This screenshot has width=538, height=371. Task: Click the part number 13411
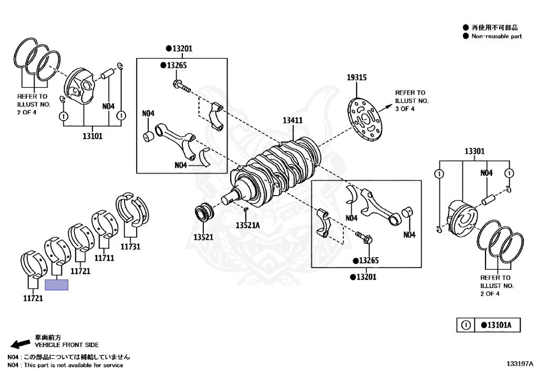[x=293, y=120]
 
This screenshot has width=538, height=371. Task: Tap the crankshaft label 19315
[x=356, y=78]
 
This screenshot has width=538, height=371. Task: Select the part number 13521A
[x=247, y=225]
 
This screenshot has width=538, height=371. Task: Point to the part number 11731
[x=131, y=246]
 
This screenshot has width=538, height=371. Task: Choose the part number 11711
[x=105, y=258]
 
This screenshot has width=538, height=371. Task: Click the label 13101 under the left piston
[x=92, y=136]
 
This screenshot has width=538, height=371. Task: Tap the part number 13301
[x=474, y=151]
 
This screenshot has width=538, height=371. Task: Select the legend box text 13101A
[x=495, y=325]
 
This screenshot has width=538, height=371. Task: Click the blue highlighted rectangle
[x=57, y=285]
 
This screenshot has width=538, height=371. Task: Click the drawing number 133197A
[x=520, y=363]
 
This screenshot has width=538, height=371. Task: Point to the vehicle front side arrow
[x=20, y=344]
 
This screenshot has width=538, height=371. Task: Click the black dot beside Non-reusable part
[x=465, y=36]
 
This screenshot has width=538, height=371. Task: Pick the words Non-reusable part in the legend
[x=496, y=36]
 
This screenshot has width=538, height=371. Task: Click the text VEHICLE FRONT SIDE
[x=67, y=345]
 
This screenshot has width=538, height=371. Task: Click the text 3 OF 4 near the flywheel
[x=405, y=109]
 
